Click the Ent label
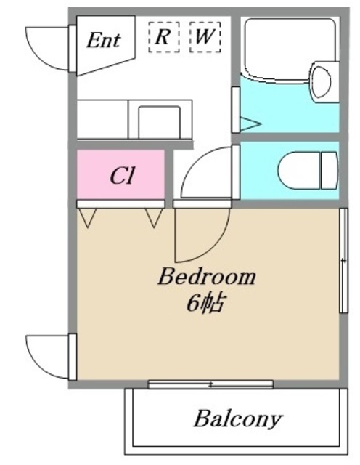[103, 40]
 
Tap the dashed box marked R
[164, 37]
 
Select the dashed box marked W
[205, 37]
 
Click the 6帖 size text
[205, 303]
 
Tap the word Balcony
[237, 419]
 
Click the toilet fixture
[308, 171]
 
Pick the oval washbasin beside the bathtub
[321, 81]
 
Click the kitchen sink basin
[160, 122]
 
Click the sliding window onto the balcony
[210, 384]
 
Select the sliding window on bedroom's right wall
[343, 260]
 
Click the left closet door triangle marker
[87, 218]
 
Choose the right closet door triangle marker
[154, 218]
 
